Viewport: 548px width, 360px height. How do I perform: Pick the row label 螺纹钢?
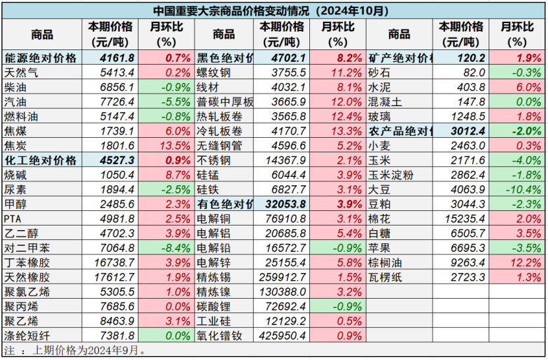[x=214, y=73]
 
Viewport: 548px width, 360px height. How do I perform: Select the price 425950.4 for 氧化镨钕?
[x=284, y=336]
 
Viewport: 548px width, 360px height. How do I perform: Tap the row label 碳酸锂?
[x=214, y=307]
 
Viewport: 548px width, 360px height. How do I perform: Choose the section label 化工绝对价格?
[x=40, y=160]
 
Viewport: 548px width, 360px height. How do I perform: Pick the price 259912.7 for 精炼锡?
[x=284, y=278]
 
